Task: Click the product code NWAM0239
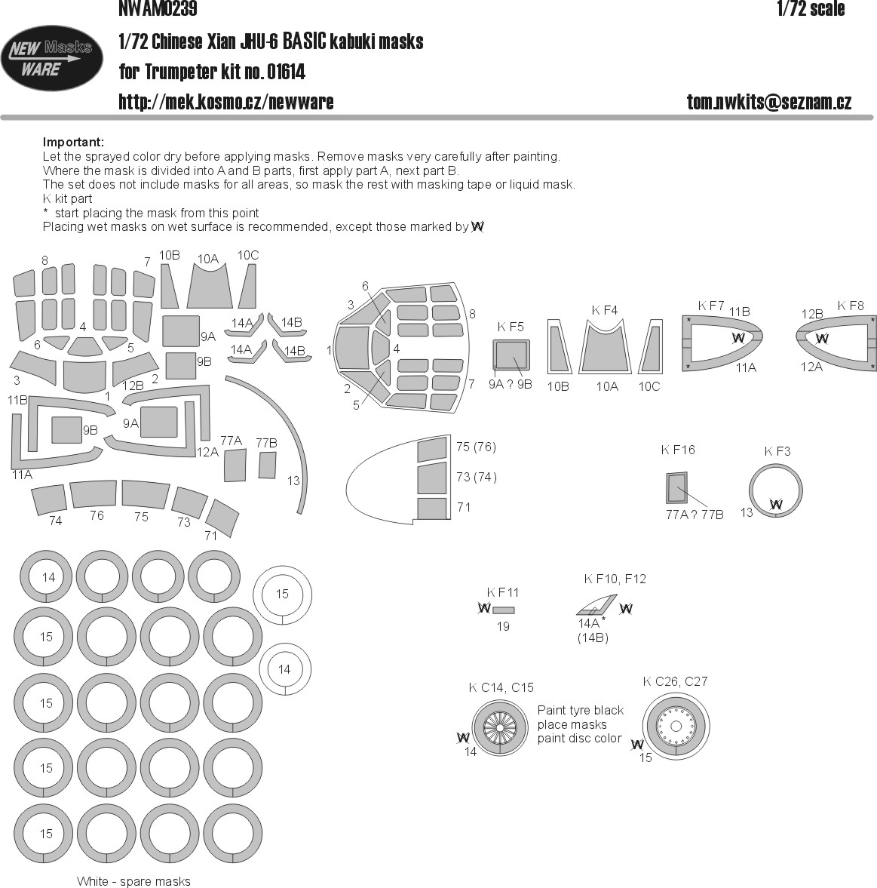158,9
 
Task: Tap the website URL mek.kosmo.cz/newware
225,102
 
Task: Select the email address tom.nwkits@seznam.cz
768,103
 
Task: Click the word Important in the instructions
73,143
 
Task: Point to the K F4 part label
604,310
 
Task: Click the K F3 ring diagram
775,490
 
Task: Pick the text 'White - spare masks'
133,881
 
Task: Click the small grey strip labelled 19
503,610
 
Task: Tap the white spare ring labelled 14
284,669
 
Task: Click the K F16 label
678,450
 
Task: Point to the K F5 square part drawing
511,358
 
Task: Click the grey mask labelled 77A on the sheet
235,465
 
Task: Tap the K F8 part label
850,306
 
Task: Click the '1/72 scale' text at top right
810,9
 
